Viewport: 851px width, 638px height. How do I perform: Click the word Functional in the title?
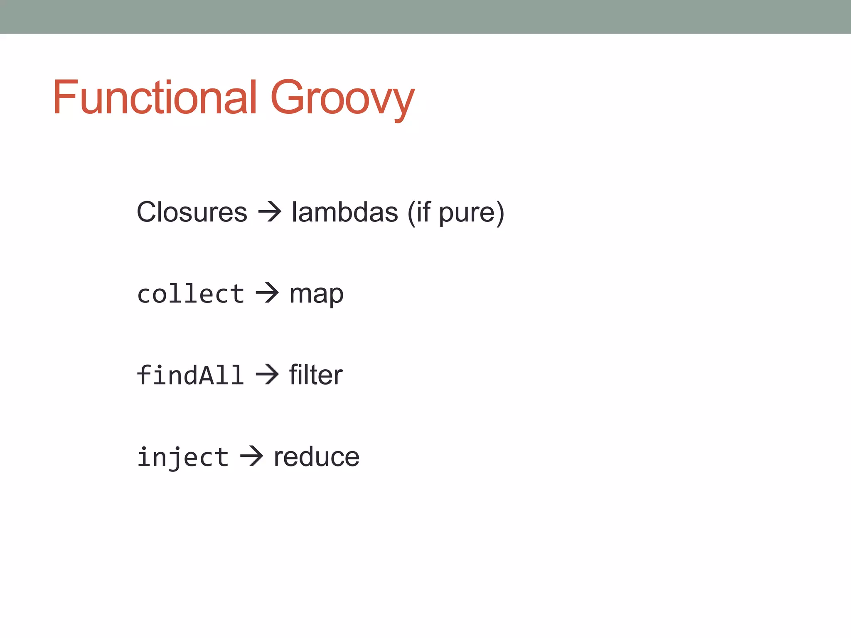[155, 97]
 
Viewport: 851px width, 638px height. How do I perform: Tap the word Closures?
[192, 212]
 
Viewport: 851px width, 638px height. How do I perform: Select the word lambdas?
[344, 212]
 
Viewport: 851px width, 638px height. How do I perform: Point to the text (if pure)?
[455, 213]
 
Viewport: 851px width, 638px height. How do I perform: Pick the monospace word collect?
[191, 294]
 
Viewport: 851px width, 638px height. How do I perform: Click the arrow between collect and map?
[267, 293]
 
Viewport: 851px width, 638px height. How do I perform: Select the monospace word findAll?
[190, 375]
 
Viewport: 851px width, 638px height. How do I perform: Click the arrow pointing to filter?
[267, 375]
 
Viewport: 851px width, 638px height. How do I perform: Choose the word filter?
[316, 375]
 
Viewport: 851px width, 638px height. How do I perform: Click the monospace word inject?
[183, 457]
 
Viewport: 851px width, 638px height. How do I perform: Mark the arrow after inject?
[251, 456]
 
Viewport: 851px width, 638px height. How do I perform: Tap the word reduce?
[316, 457]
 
